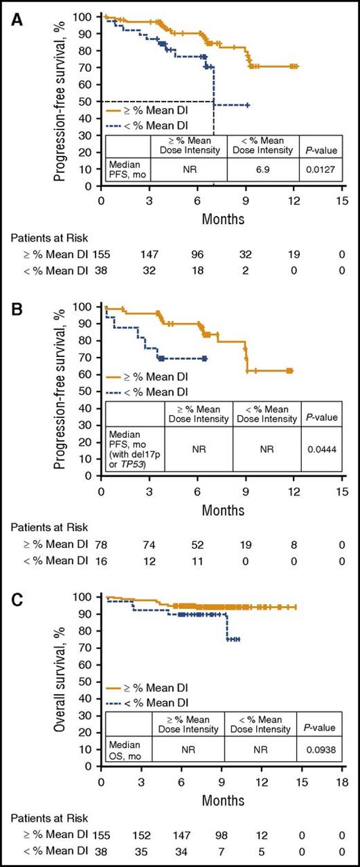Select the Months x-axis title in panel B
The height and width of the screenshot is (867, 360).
pos(222,511)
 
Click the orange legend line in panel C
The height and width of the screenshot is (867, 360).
pos(119,688)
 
